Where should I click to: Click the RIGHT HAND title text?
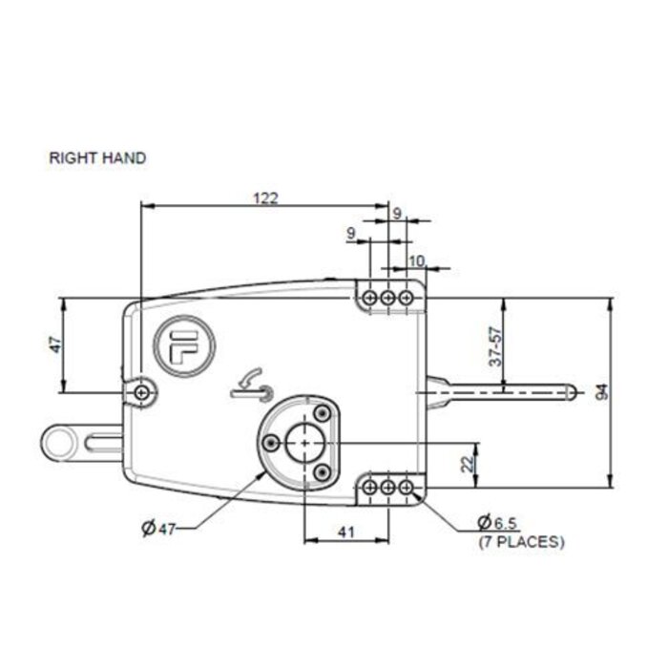click(x=97, y=158)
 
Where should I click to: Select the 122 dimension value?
click(x=265, y=198)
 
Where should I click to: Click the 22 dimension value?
click(x=467, y=464)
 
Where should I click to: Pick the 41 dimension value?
click(x=345, y=532)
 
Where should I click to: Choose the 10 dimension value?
click(x=416, y=260)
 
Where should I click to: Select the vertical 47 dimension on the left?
click(x=55, y=344)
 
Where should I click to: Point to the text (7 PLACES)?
click(x=520, y=541)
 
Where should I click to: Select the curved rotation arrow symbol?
click(x=250, y=383)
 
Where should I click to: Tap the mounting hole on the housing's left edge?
click(x=142, y=392)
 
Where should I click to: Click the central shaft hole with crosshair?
click(x=304, y=442)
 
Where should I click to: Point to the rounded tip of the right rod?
click(x=571, y=391)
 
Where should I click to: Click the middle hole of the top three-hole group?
click(x=387, y=299)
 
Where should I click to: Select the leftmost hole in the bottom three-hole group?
click(x=370, y=488)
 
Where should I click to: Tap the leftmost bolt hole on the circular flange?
click(x=272, y=441)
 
